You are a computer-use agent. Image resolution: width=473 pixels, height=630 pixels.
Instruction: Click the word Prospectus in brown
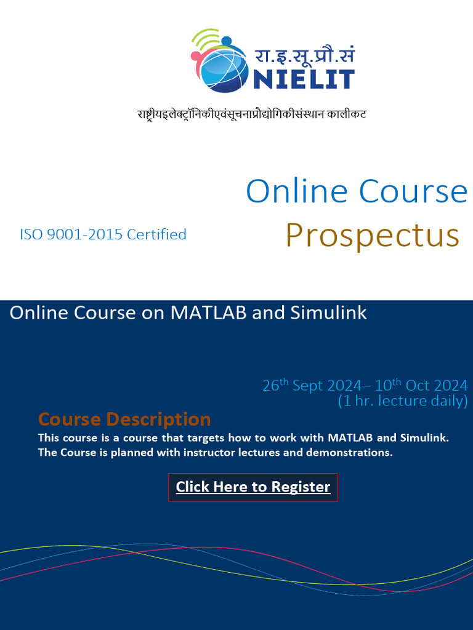click(372, 236)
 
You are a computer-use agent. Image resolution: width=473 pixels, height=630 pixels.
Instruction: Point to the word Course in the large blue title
click(413, 191)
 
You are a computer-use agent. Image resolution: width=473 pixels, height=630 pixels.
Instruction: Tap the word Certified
click(156, 234)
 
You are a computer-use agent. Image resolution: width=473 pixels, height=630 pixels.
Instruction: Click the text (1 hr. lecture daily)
click(402, 401)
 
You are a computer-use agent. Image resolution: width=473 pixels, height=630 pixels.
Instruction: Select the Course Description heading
click(124, 420)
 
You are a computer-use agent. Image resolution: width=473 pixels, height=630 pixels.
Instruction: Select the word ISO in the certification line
click(31, 234)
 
